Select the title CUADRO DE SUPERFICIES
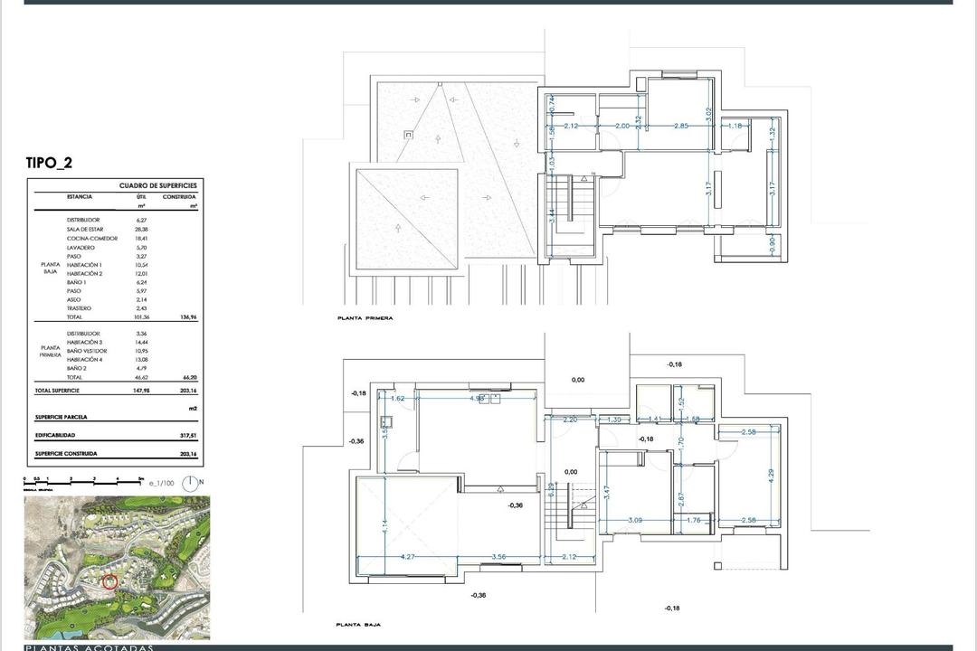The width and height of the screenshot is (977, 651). (x=158, y=185)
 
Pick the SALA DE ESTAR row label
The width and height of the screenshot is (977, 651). (x=85, y=230)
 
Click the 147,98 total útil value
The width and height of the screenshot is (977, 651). (x=139, y=391)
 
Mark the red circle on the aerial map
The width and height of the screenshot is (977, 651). (x=109, y=581)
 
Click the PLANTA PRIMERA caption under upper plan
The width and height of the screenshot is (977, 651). (x=365, y=318)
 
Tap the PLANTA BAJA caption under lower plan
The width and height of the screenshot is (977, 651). (x=358, y=625)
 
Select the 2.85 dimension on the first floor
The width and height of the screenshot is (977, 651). (x=680, y=126)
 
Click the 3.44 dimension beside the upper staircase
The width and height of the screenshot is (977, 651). (x=551, y=216)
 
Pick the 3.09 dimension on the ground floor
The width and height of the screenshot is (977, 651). (x=635, y=520)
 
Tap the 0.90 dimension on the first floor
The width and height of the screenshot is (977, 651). (x=772, y=244)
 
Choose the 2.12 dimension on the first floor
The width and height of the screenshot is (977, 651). (x=571, y=126)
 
